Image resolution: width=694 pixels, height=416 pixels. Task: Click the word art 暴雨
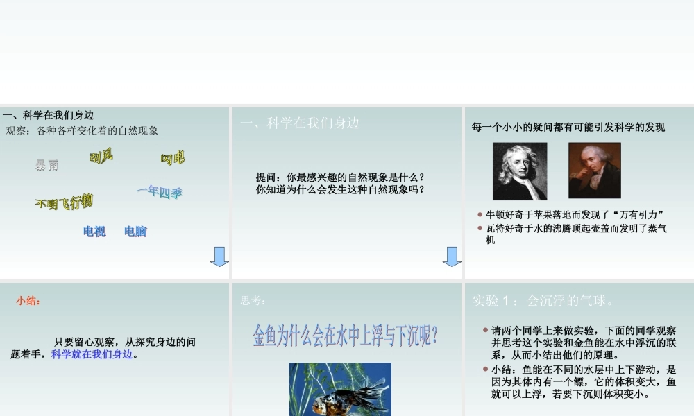pos(47,165)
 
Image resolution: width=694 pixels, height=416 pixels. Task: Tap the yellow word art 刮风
pos(101,157)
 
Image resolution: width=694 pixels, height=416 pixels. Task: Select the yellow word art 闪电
pos(173,159)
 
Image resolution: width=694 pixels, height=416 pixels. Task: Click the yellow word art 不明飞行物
pos(64,202)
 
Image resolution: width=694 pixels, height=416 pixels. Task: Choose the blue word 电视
pos(94,232)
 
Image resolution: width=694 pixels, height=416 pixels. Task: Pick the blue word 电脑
pos(136,232)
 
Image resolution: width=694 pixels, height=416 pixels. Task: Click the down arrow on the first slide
pos(219,256)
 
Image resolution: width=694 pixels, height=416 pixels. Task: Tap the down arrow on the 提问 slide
pos(452,256)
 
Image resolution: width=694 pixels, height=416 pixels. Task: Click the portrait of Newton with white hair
pos(520,171)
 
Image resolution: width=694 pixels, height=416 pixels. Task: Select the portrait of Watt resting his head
pos(595,171)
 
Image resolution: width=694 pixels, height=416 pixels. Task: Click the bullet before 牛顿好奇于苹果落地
pos(480,214)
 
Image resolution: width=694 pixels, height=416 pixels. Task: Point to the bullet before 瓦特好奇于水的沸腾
pos(480,227)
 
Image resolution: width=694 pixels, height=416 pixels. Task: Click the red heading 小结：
pos(28,301)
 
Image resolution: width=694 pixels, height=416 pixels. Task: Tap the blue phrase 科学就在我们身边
pos(92,354)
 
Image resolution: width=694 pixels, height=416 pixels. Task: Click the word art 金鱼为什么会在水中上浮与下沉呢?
pos(346,336)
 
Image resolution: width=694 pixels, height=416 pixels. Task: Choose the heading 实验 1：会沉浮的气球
pos(542,301)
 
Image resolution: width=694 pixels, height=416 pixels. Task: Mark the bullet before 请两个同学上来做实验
pos(485,331)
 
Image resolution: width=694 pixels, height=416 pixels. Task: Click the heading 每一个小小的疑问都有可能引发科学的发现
pos(568,127)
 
